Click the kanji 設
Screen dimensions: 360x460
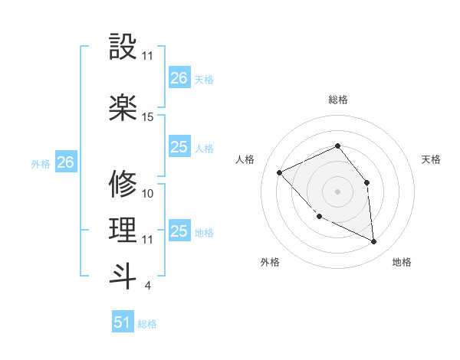point(123,47)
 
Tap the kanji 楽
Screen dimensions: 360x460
point(123,107)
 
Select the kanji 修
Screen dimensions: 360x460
point(123,184)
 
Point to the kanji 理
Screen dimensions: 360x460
point(123,230)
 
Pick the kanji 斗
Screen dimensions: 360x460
point(123,276)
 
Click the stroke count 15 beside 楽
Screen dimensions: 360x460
point(148,116)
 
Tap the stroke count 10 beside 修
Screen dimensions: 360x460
point(148,193)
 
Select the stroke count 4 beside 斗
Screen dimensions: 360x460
point(148,286)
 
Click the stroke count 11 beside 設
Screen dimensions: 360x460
point(148,56)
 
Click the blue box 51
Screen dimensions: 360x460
point(123,322)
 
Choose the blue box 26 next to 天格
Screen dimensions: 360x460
point(179,77)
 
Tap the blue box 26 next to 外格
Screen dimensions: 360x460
point(66,162)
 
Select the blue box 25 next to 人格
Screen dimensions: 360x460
point(179,147)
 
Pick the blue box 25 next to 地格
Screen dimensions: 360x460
point(179,231)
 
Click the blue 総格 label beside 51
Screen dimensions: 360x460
point(147,324)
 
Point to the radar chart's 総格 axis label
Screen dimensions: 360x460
point(337,100)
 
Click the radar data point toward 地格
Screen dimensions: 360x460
point(373,241)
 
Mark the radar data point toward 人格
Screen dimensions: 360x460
point(280,172)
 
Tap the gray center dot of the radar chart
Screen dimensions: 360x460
point(337,191)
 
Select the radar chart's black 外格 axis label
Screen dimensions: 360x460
point(270,262)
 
